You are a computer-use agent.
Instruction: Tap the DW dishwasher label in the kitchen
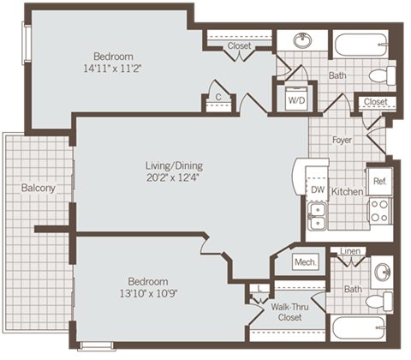(316, 189)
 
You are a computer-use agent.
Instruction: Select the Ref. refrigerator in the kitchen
(378, 181)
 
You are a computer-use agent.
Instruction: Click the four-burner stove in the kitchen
(378, 211)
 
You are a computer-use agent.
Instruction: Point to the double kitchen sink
(316, 215)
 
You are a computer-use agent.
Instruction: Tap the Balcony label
(39, 188)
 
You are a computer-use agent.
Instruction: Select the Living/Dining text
(173, 165)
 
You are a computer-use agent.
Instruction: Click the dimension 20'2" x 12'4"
(173, 178)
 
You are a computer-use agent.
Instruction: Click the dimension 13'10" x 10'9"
(147, 294)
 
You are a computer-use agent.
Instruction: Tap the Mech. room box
(305, 262)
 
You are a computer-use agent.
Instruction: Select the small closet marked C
(219, 98)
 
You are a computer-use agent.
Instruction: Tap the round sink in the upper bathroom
(302, 40)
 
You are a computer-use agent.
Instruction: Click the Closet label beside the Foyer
(374, 102)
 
